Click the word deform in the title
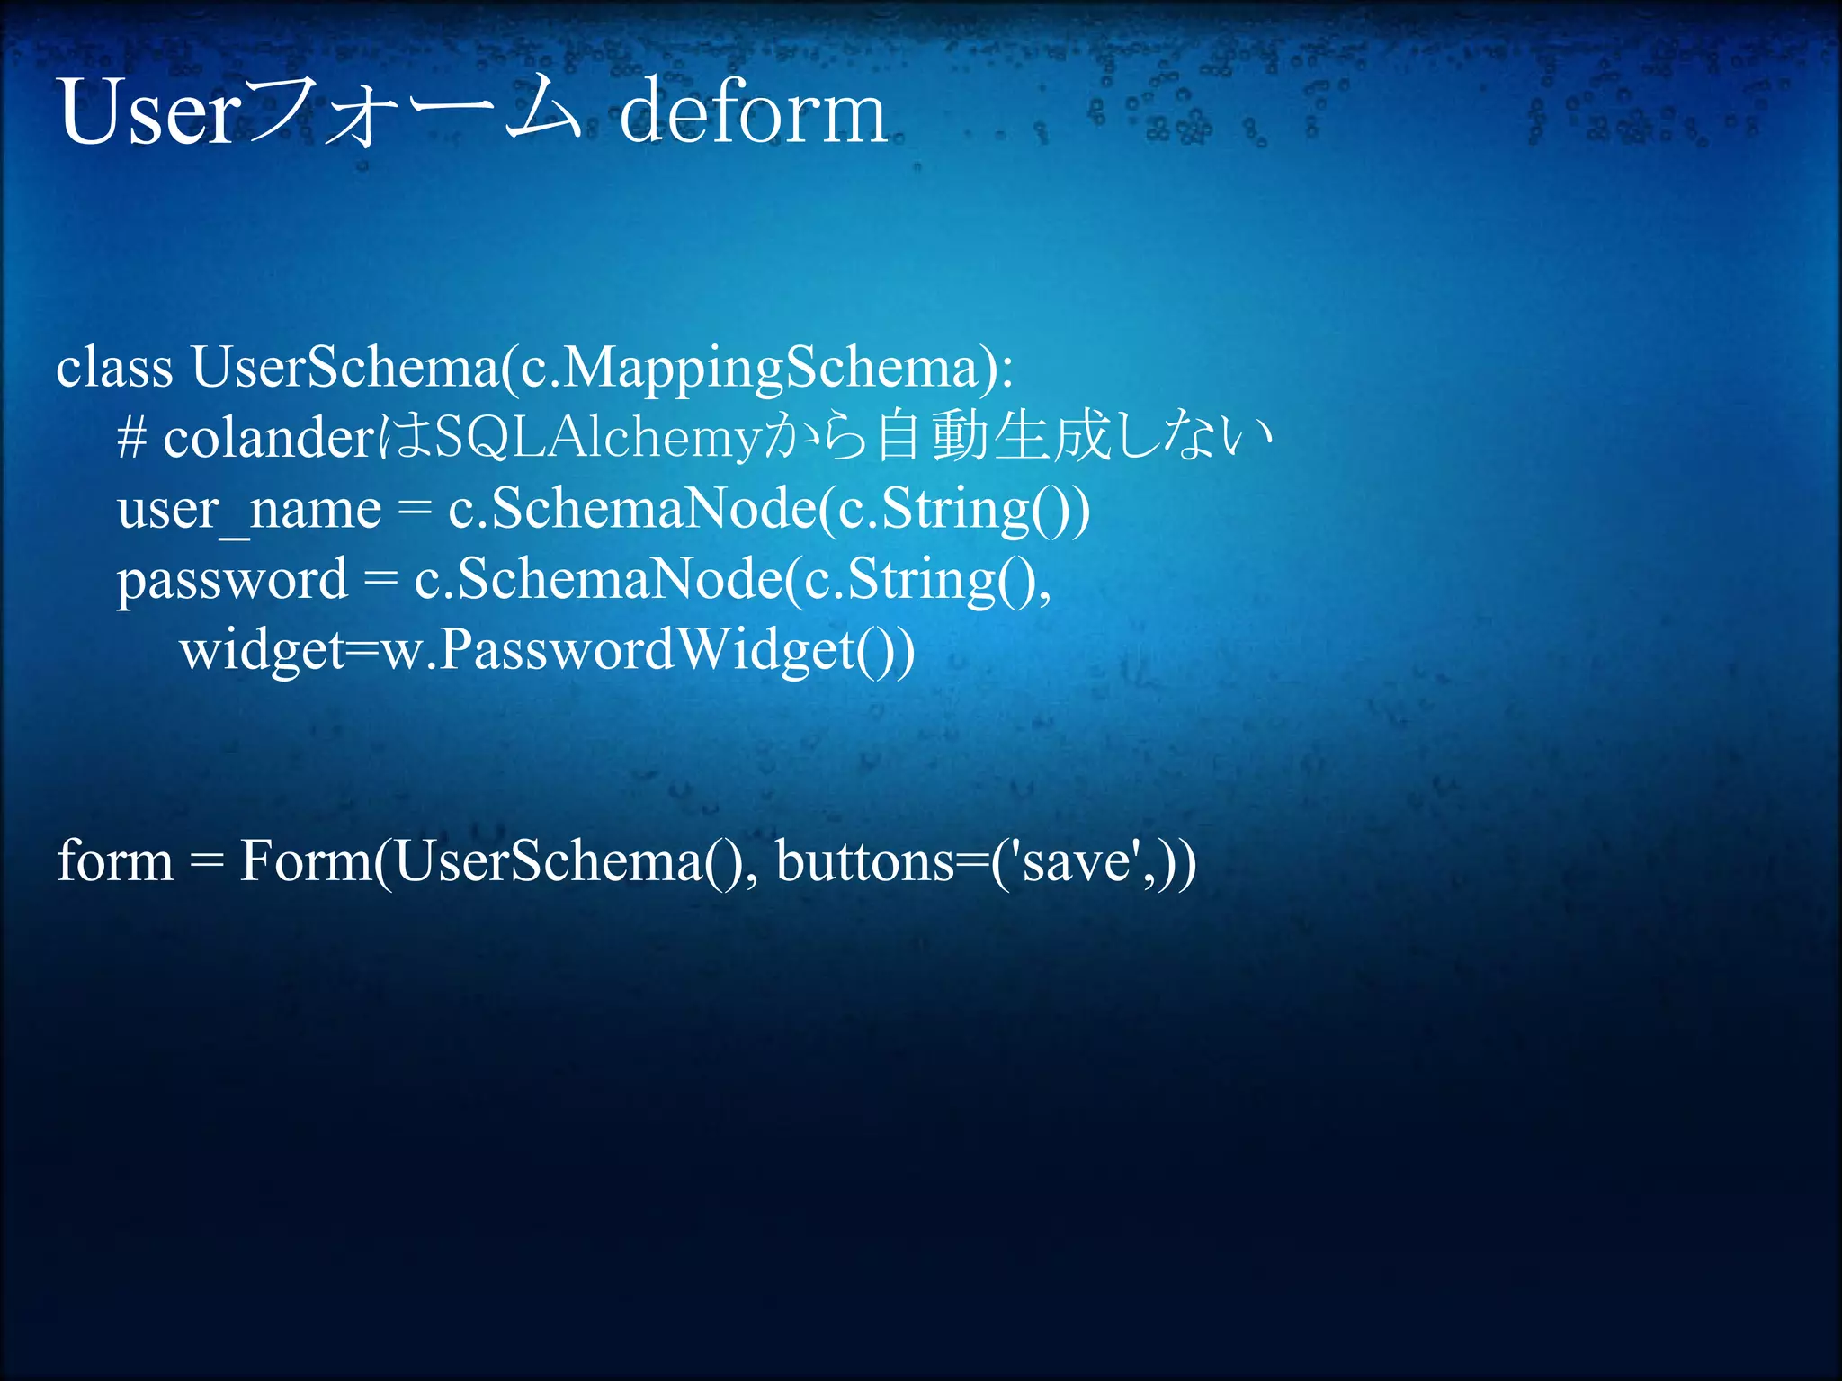point(753,114)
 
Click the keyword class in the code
point(114,368)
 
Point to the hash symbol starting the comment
point(131,439)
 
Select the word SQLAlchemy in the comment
point(598,439)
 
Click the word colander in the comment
point(268,439)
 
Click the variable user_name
point(249,510)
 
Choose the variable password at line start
point(231,581)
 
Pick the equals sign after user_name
point(414,510)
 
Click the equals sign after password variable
point(380,580)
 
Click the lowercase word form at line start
point(114,860)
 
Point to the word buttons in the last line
point(863,860)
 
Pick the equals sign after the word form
point(206,861)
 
